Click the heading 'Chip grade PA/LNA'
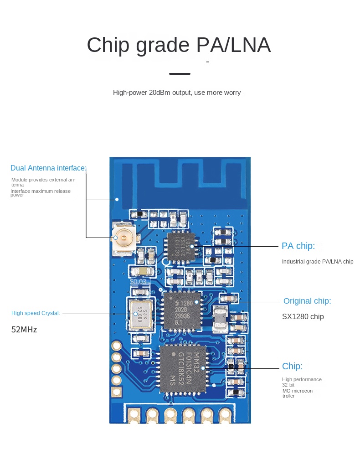coord(179,46)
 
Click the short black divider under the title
coord(180,73)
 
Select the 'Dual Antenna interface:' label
coord(48,168)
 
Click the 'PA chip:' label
coord(298,246)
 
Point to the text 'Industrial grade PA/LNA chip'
coord(317,262)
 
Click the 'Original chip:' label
coord(307,301)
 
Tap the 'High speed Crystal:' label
coord(36,313)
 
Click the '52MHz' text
coord(24,329)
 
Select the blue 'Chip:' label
coord(292,366)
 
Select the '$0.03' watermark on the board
coord(138,281)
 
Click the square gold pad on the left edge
coord(117,391)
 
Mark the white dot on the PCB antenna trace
coord(117,199)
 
